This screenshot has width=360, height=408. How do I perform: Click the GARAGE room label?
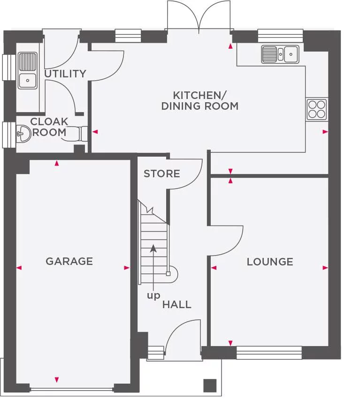pyautogui.click(x=69, y=261)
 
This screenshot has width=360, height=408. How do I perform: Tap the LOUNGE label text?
pyautogui.click(x=270, y=262)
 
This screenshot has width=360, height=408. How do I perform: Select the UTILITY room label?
pyautogui.click(x=65, y=74)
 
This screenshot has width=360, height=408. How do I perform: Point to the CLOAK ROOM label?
pyautogui.click(x=49, y=127)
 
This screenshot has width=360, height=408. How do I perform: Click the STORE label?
pyautogui.click(x=161, y=174)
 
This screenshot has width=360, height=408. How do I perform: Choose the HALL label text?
pyautogui.click(x=176, y=304)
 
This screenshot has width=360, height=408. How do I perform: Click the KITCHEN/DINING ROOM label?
pyautogui.click(x=199, y=100)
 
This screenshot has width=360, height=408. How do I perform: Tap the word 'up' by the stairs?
pyautogui.click(x=153, y=295)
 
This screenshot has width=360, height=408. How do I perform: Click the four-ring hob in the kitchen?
pyautogui.click(x=317, y=109)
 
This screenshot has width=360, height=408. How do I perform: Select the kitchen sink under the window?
pyautogui.click(x=280, y=54)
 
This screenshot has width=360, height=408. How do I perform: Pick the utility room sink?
pyautogui.click(x=28, y=70)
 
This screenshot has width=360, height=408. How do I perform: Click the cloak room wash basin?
pyautogui.click(x=23, y=133)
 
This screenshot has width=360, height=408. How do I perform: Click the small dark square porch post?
pyautogui.click(x=210, y=385)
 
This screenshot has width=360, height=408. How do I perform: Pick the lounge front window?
pyautogui.click(x=269, y=353)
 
